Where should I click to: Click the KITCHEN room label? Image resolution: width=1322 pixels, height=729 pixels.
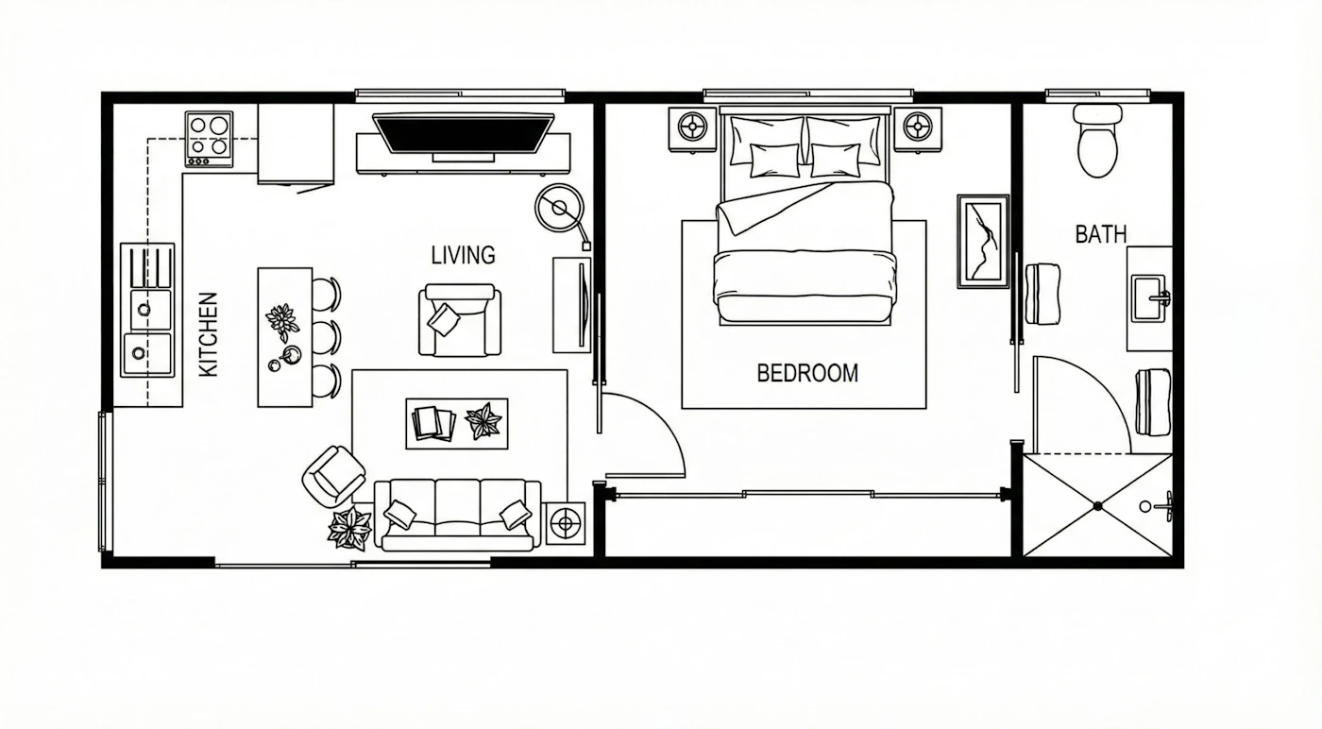(x=209, y=334)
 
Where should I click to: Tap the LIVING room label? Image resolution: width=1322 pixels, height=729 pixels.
(x=464, y=255)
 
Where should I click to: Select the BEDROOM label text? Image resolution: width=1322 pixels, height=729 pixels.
(x=807, y=373)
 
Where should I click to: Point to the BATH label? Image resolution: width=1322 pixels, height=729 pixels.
(x=1101, y=234)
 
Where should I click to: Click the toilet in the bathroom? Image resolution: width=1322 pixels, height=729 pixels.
(x=1097, y=141)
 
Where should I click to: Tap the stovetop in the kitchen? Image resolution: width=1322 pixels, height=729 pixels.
(x=209, y=140)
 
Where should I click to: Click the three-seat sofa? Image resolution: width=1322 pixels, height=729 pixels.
(x=458, y=515)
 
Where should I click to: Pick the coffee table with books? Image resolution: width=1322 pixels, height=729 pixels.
(x=457, y=423)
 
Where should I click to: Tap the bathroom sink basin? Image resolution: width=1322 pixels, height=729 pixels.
(x=1148, y=298)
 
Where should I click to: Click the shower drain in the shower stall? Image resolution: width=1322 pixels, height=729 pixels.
(x=1097, y=506)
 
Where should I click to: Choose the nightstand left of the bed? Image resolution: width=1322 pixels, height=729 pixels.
(x=692, y=128)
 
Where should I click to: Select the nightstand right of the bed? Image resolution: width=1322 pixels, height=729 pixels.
(x=917, y=128)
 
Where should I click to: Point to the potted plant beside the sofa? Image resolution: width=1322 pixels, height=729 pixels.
(x=349, y=527)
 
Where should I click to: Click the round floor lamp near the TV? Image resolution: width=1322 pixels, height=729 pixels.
(x=559, y=208)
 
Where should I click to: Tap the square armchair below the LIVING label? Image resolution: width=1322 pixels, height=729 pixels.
(x=460, y=320)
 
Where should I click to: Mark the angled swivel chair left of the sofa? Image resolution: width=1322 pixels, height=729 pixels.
(x=333, y=476)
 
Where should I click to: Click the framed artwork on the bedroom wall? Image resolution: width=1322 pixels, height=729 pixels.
(x=983, y=242)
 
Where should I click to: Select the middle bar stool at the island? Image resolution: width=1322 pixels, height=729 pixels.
(x=327, y=336)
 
